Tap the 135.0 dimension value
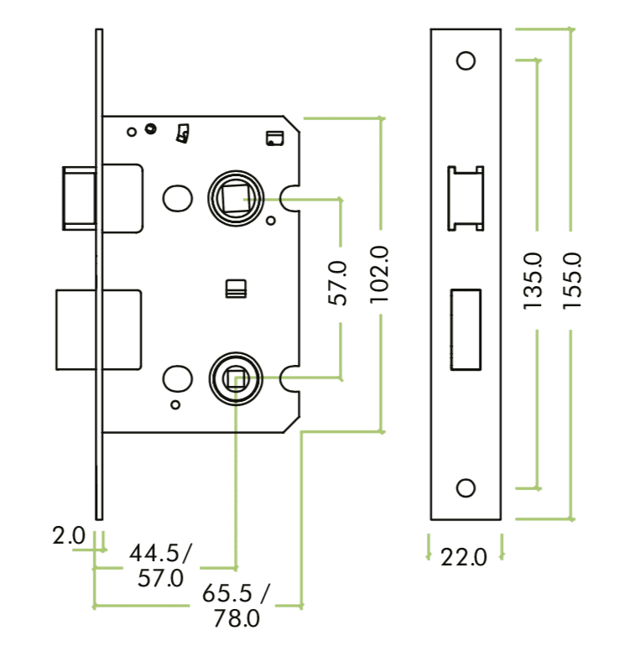click(533, 281)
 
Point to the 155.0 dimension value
click(574, 281)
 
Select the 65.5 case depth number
click(227, 593)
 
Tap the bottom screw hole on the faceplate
click(466, 488)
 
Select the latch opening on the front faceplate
click(466, 198)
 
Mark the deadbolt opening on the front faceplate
click(466, 329)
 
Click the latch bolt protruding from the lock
click(80, 197)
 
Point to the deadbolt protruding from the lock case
click(75, 329)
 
